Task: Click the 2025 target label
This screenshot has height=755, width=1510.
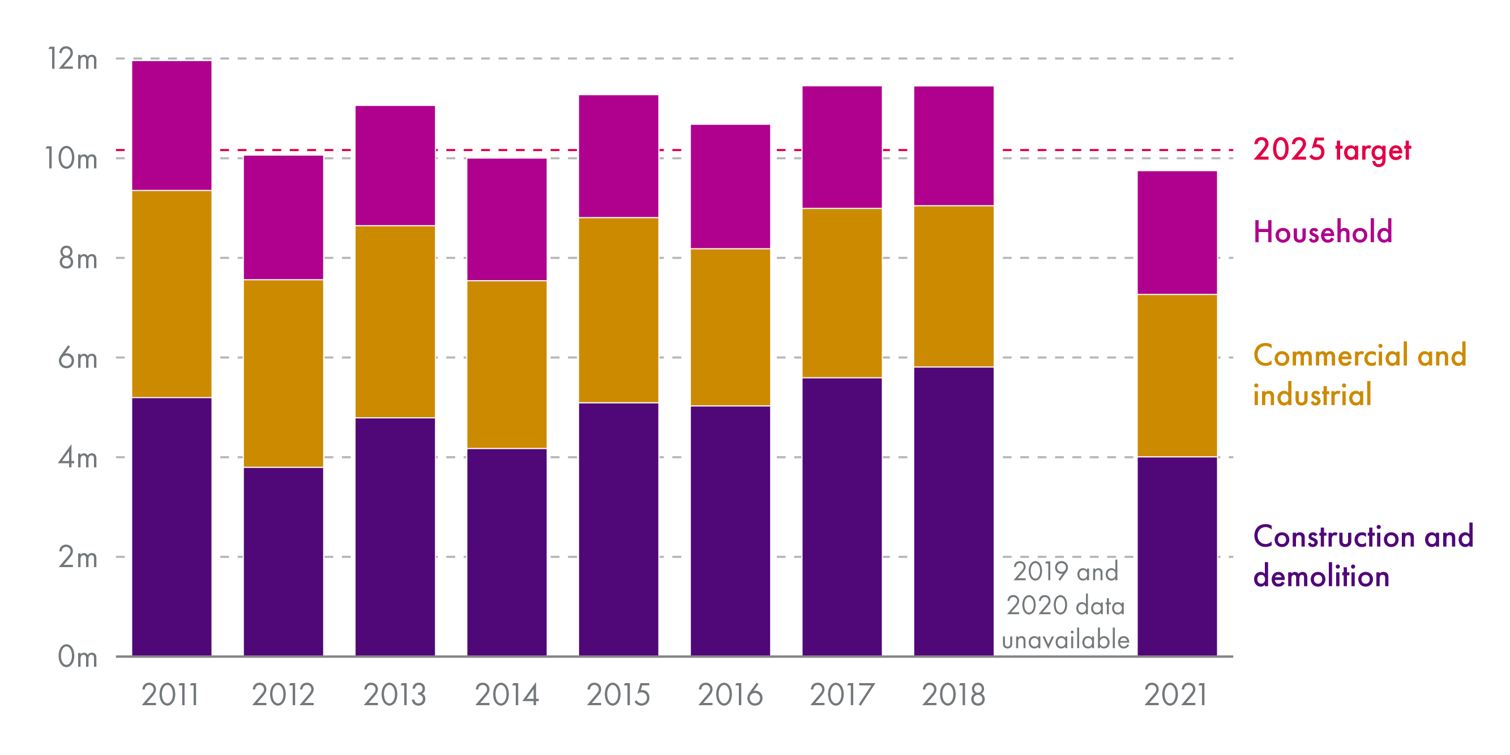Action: [1332, 150]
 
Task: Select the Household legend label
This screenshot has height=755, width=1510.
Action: [1323, 232]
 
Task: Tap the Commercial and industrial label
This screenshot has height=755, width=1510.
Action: [1359, 375]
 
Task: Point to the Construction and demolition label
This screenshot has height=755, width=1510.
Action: [1363, 556]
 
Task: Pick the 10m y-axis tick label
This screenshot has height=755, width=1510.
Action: [71, 158]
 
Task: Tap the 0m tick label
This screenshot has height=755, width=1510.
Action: [78, 657]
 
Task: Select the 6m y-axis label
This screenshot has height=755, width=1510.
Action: [78, 358]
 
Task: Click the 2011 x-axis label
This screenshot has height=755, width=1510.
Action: [170, 695]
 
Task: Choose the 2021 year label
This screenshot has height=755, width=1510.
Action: [1176, 695]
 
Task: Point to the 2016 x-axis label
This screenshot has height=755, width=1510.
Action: [730, 695]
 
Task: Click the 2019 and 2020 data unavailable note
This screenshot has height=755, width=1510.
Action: [1066, 606]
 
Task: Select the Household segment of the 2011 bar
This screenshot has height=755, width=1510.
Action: [172, 126]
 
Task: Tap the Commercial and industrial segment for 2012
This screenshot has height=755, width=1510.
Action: [284, 374]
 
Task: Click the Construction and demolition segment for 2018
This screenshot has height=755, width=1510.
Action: [953, 511]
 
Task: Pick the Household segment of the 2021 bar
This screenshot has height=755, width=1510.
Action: [1177, 233]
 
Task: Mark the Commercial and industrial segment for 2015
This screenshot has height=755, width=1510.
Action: [618, 310]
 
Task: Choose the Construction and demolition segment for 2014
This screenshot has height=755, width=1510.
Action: [507, 552]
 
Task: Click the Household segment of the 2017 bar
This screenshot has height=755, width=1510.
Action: [842, 147]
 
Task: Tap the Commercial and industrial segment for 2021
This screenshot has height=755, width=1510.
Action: [1177, 375]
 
